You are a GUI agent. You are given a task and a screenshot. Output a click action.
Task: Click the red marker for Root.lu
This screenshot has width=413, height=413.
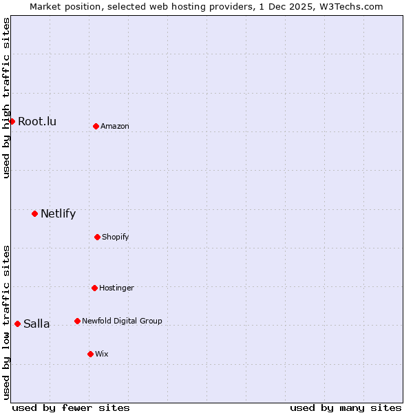pos(12,121)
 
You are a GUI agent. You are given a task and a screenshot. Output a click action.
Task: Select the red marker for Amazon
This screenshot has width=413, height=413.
pos(96,126)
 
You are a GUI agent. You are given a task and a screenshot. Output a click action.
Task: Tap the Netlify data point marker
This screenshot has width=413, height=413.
pos(34,213)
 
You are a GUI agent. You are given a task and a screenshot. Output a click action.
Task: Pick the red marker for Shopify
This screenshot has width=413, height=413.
pos(97,237)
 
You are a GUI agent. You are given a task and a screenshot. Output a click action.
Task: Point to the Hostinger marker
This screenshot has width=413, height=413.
pos(94,288)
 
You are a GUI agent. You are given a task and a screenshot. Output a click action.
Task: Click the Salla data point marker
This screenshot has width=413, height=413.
pos(17,324)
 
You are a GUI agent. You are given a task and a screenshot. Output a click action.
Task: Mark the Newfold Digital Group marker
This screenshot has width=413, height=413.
pos(77,321)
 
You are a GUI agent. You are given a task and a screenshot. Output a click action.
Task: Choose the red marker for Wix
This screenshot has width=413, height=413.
pos(90,354)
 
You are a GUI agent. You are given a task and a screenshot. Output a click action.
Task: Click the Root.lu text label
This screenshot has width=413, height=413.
pos(37,122)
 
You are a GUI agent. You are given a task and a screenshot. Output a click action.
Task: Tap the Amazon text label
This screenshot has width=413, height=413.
pos(115,127)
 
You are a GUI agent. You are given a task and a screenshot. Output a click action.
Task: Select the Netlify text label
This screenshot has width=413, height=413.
pos(58,213)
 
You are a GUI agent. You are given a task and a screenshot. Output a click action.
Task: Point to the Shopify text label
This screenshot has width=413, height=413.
pos(115,237)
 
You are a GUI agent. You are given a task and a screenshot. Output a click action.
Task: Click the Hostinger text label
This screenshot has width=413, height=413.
pos(116,288)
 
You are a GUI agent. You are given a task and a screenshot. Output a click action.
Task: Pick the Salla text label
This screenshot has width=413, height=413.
pos(36,324)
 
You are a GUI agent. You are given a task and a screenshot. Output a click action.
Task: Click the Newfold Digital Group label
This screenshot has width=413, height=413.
pos(122,321)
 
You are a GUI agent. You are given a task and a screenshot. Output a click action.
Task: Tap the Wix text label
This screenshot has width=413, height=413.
pos(101,354)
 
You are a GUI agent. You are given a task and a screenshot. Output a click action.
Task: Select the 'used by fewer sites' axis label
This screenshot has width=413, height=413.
pos(71,407)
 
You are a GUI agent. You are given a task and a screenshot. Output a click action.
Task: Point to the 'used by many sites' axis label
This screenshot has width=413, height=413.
pos(346,407)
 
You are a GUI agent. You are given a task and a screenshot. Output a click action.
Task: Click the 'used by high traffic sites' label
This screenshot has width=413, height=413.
pos(6,98)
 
